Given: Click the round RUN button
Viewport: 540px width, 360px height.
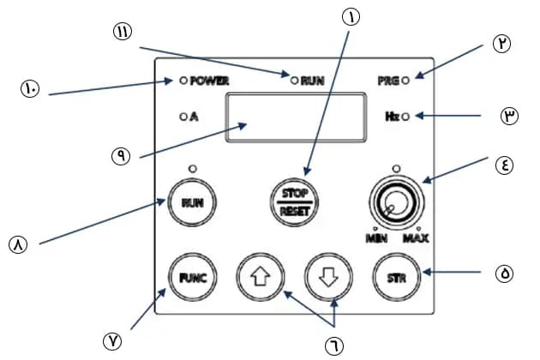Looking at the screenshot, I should (191, 203).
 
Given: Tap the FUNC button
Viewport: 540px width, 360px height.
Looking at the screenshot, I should (191, 277).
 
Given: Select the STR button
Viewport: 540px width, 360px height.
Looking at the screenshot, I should (395, 277).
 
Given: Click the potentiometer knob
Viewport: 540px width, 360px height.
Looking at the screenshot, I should (395, 204).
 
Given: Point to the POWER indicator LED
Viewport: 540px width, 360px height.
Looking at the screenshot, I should (183, 81).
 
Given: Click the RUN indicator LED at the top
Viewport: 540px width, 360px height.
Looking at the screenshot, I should (294, 81).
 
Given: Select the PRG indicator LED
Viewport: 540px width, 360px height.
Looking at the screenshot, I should (405, 81).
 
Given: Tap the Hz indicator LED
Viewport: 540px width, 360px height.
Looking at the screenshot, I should (405, 117).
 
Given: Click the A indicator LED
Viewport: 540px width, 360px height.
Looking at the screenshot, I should (183, 117).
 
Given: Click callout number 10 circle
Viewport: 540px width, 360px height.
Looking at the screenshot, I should (30, 87).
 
